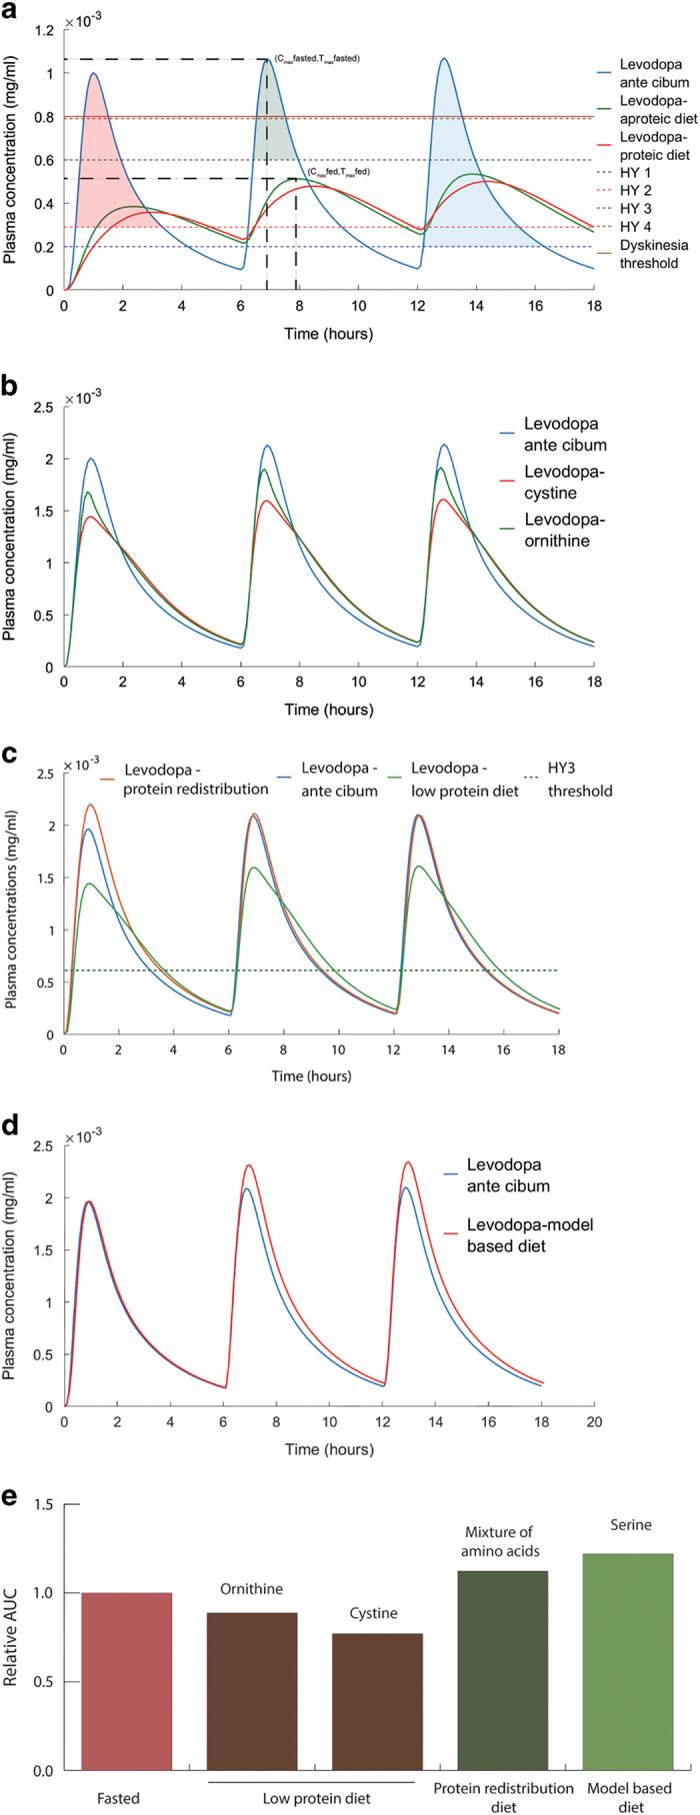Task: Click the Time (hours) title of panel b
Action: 328,711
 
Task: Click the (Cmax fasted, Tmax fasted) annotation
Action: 317,59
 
